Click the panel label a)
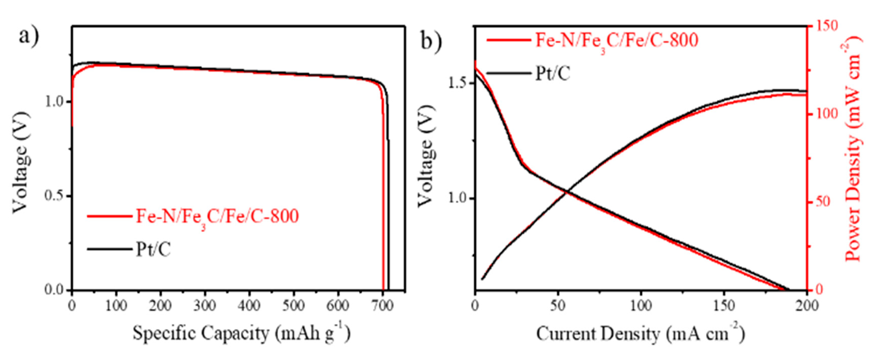click(x=29, y=36)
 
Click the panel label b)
click(x=431, y=41)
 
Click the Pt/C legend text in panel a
click(x=153, y=250)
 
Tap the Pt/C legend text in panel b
click(x=553, y=74)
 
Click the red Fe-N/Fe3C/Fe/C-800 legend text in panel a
click(x=217, y=216)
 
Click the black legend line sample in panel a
click(x=109, y=249)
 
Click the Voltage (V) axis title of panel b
click(x=425, y=156)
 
